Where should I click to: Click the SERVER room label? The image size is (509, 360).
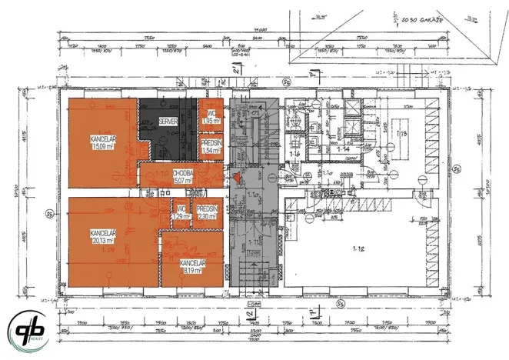(168, 122)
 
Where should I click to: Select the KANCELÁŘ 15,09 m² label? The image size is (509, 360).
(102, 142)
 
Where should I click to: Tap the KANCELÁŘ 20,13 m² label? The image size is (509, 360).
(102, 236)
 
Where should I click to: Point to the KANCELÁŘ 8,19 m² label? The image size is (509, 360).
(193, 266)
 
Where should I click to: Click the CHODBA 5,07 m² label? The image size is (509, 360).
(183, 177)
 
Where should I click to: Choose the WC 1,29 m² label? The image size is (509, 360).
(181, 213)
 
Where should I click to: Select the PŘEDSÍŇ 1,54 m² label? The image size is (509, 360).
(211, 146)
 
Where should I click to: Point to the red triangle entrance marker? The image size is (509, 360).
(238, 178)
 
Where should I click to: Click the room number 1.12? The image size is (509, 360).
(357, 248)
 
